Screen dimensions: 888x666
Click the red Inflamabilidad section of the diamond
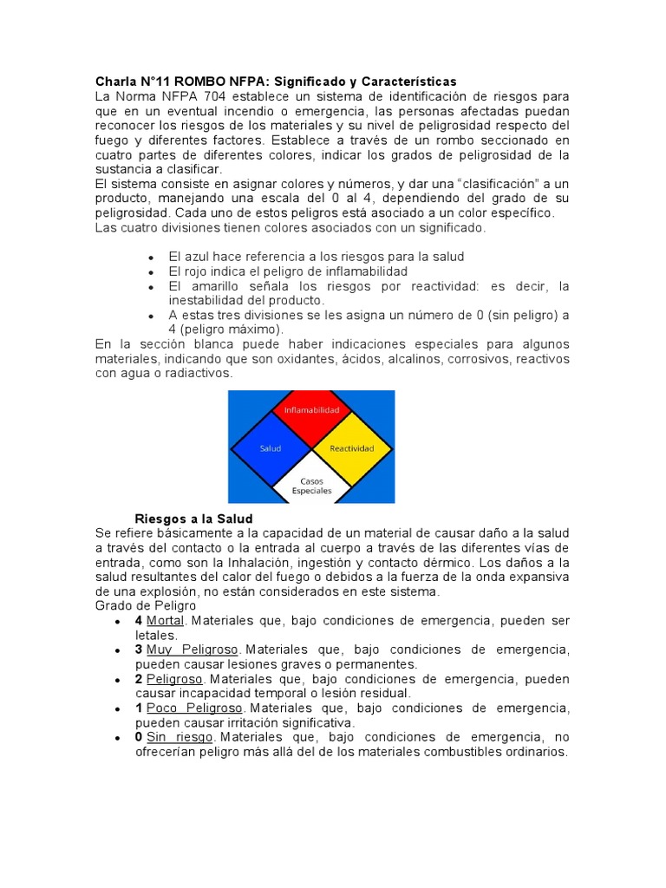pyautogui.click(x=310, y=409)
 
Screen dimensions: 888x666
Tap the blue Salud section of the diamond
pyautogui.click(x=270, y=448)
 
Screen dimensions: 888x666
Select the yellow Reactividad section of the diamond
pyautogui.click(x=351, y=448)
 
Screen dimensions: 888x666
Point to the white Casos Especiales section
pyautogui.click(x=310, y=485)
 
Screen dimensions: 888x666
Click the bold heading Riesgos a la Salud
pyautogui.click(x=192, y=519)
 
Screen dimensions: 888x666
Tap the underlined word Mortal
pyautogui.click(x=165, y=621)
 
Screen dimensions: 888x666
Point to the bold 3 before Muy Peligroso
pyautogui.click(x=139, y=650)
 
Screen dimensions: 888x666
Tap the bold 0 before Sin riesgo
pyautogui.click(x=139, y=737)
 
